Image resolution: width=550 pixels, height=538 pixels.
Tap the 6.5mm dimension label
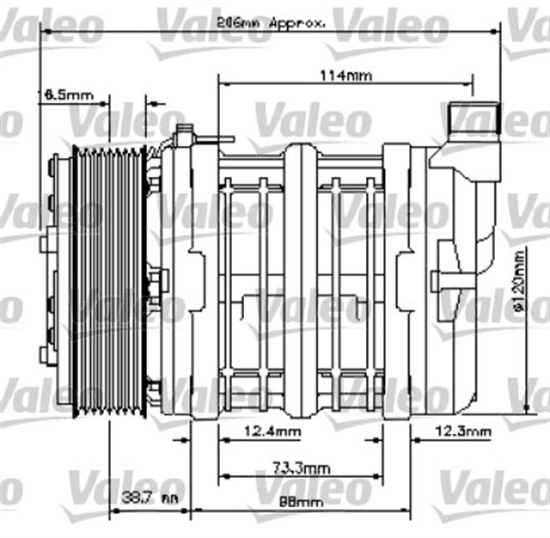(x=64, y=94)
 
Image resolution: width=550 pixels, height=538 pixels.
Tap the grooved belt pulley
(x=107, y=283)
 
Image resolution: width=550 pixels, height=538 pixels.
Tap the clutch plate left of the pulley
(x=58, y=283)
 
